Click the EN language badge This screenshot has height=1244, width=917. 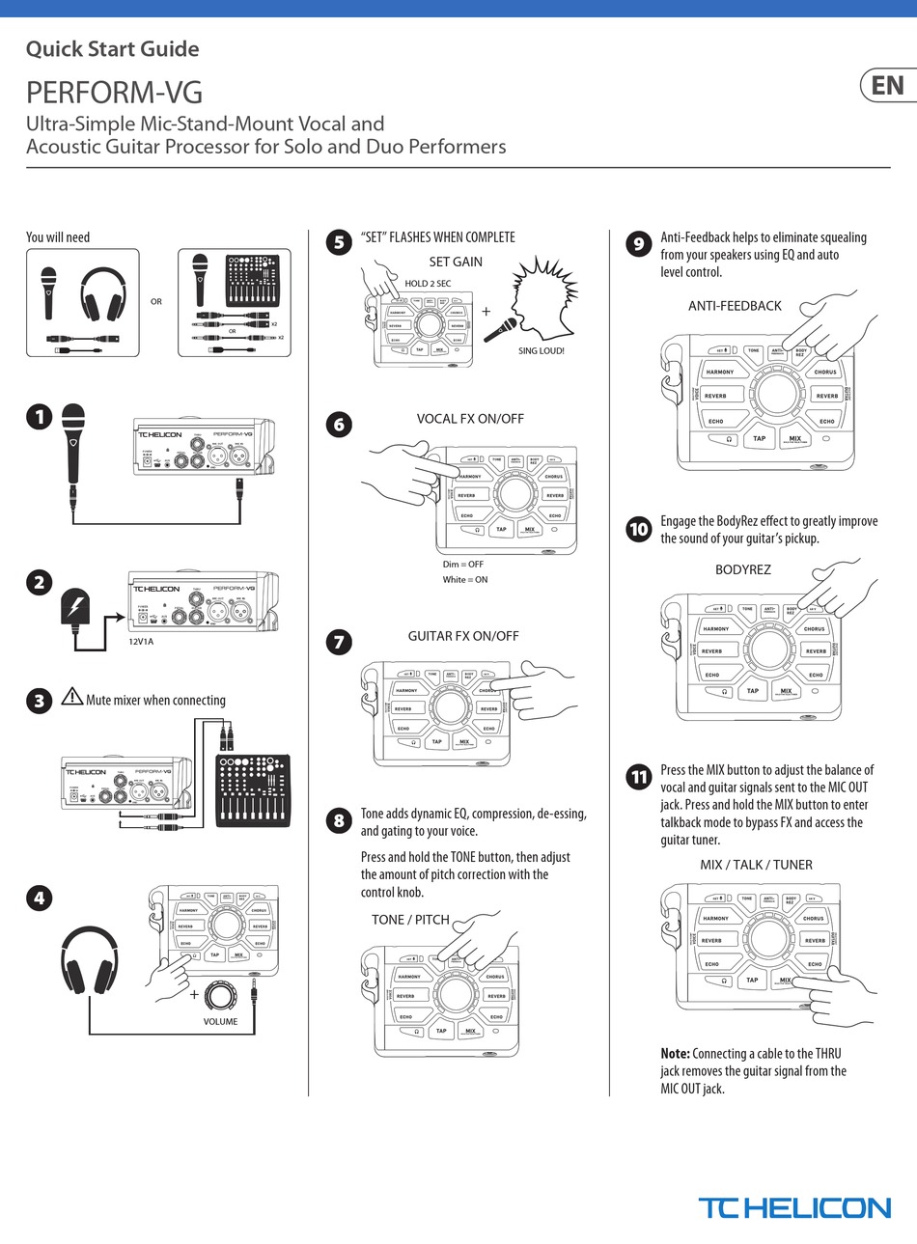pyautogui.click(x=887, y=86)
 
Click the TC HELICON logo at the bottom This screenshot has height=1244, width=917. pyautogui.click(x=793, y=1207)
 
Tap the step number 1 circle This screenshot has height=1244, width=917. pyautogui.click(x=39, y=418)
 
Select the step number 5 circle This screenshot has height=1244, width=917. pyautogui.click(x=338, y=241)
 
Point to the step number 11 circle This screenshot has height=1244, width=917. pyautogui.click(x=638, y=777)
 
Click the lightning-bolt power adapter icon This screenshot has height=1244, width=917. pyautogui.click(x=74, y=608)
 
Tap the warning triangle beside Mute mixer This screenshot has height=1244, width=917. pyautogui.click(x=71, y=697)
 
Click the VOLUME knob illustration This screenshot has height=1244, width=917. pyautogui.click(x=220, y=996)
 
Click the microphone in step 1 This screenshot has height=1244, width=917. pyautogui.click(x=73, y=444)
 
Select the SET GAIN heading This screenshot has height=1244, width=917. pyautogui.click(x=456, y=262)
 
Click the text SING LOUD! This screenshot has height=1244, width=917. pyautogui.click(x=541, y=350)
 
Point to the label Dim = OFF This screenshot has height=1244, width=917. pyautogui.click(x=463, y=565)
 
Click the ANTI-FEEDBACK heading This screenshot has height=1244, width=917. pyautogui.click(x=735, y=306)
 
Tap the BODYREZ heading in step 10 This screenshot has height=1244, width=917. pyautogui.click(x=742, y=569)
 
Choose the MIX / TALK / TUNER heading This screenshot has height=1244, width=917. pyautogui.click(x=756, y=865)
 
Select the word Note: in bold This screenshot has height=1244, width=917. pyautogui.click(x=675, y=1054)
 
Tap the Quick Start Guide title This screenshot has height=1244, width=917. pyautogui.click(x=112, y=49)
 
